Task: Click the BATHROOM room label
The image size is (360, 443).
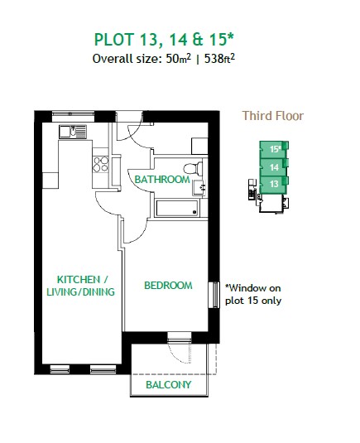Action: (x=162, y=179)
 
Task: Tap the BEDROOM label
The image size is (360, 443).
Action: (x=168, y=286)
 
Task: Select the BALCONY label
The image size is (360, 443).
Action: (x=169, y=384)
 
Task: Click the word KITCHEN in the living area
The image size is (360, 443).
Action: (x=79, y=279)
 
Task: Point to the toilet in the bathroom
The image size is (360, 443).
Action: (x=194, y=169)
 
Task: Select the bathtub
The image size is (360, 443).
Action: (x=177, y=209)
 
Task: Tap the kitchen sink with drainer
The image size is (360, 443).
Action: (x=73, y=132)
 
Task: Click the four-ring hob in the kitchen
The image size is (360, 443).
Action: (x=101, y=164)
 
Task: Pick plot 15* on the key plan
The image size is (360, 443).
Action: (x=274, y=149)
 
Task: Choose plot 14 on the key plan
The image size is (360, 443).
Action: (x=274, y=167)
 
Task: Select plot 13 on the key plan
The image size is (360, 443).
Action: (x=274, y=184)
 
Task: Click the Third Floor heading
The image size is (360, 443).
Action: (x=273, y=116)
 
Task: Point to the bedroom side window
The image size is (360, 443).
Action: (x=214, y=295)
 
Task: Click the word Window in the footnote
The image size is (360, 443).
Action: (x=247, y=288)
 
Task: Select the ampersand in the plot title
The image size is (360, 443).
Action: (x=198, y=39)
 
